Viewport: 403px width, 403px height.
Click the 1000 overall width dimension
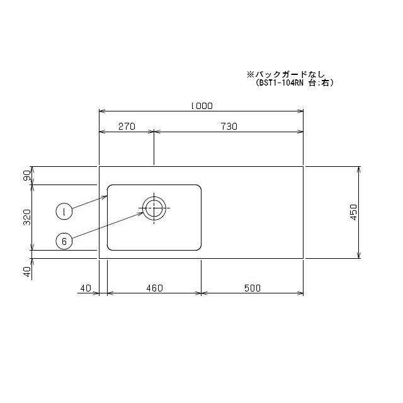pyautogui.click(x=201, y=106)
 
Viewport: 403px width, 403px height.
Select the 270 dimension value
pyautogui.click(x=127, y=127)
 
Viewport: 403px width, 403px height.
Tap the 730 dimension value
pyautogui.click(x=229, y=127)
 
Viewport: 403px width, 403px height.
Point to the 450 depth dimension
pyautogui.click(x=354, y=212)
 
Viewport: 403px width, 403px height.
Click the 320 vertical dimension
pyautogui.click(x=27, y=217)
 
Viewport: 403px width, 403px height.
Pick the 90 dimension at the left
pyautogui.click(x=27, y=175)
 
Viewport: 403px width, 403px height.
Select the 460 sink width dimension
pyautogui.click(x=154, y=288)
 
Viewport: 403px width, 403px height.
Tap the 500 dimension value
pyautogui.click(x=253, y=288)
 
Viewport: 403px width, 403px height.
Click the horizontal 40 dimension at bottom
pyautogui.click(x=86, y=288)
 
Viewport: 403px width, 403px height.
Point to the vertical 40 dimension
pyautogui.click(x=27, y=271)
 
